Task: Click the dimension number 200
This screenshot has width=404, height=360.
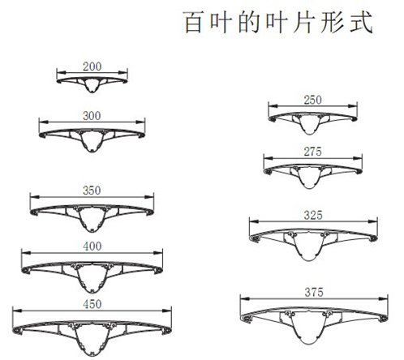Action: click(x=92, y=66)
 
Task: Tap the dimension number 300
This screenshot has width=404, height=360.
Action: click(x=92, y=116)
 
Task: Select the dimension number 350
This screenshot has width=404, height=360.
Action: click(x=92, y=191)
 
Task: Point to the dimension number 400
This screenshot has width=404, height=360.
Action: click(x=92, y=246)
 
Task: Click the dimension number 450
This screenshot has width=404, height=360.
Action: click(x=92, y=304)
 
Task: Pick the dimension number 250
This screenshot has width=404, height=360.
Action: click(x=313, y=101)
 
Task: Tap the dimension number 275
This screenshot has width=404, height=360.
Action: click(x=313, y=152)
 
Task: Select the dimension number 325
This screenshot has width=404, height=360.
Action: click(x=313, y=216)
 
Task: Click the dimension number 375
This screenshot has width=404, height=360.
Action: click(x=314, y=293)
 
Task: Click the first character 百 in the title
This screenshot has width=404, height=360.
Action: click(x=194, y=22)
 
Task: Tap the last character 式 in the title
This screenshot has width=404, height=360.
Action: click(x=362, y=22)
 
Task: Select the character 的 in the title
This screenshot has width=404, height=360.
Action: click(x=249, y=22)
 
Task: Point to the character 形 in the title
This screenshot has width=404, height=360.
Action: click(x=333, y=22)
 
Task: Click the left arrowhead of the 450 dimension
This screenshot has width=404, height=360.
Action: click(x=17, y=311)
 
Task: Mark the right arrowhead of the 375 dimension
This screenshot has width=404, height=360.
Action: click(x=383, y=298)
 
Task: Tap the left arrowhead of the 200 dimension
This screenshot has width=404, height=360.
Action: click(x=62, y=72)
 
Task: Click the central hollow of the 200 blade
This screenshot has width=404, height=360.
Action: click(x=92, y=85)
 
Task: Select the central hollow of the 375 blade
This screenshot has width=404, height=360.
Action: click(x=308, y=328)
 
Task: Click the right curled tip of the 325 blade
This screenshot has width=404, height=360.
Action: click(x=373, y=238)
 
